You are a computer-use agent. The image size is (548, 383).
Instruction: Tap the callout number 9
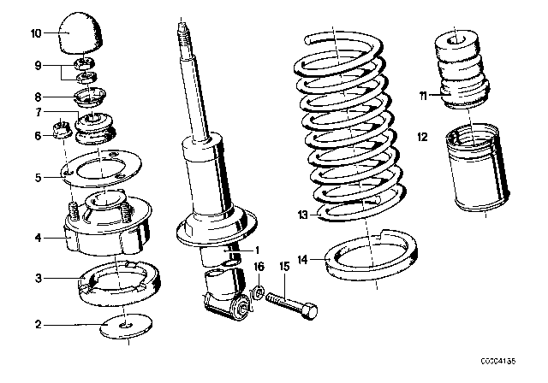(x=38, y=66)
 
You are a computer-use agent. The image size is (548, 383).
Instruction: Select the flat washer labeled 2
(x=126, y=326)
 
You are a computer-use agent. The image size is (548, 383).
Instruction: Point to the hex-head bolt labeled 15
(x=292, y=304)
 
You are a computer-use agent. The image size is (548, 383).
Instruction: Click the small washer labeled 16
(x=258, y=292)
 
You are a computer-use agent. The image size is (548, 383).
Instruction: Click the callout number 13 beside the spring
(x=302, y=215)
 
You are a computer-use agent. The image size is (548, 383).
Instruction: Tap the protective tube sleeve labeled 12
(x=478, y=168)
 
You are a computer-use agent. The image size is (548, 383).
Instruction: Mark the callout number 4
(x=38, y=238)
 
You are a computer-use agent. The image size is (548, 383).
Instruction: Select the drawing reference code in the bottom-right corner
(x=497, y=362)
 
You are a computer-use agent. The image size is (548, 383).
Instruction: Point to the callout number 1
(x=257, y=250)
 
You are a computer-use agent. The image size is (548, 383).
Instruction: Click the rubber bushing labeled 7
(x=95, y=128)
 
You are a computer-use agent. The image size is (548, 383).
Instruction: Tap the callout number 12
(x=422, y=137)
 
